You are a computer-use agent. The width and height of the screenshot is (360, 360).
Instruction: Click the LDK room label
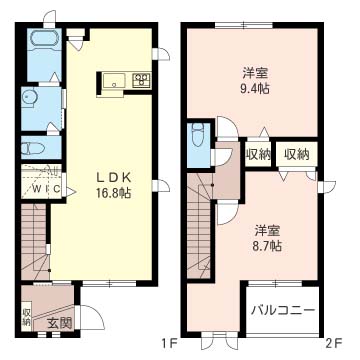pos(113,178)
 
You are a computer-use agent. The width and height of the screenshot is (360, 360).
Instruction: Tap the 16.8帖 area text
pos(113,192)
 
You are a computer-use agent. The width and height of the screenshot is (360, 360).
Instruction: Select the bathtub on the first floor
pos(44,40)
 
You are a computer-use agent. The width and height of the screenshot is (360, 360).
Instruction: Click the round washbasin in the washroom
pos(29,98)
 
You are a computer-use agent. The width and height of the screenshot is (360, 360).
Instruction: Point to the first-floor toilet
pos(33,147)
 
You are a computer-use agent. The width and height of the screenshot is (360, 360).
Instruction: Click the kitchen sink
pos(114,81)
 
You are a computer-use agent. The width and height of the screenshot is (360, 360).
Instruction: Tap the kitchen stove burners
pos(141,80)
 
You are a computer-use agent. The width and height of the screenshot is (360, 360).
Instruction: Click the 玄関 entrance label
pos(59,323)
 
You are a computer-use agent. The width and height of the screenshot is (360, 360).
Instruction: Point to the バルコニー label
pos(283,310)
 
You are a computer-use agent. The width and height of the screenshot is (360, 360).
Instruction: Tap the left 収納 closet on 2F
pos(258,154)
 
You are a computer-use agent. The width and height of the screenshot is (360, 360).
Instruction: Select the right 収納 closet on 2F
pos(296,154)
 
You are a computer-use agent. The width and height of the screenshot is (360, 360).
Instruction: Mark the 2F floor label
pos(332,343)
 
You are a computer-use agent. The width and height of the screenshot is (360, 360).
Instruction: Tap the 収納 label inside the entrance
pos(26,317)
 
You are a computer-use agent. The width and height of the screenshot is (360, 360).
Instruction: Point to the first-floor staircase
pos(35,242)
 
